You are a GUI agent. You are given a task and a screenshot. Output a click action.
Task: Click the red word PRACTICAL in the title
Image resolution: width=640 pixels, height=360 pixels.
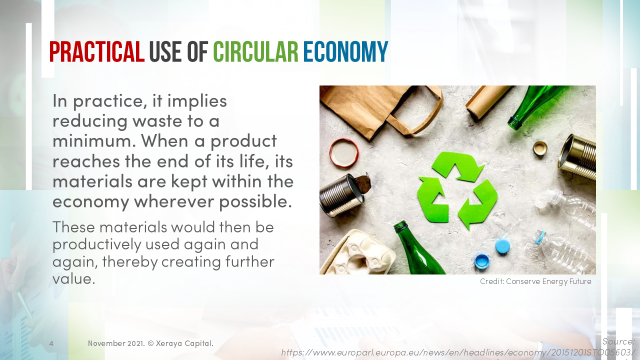(97, 52)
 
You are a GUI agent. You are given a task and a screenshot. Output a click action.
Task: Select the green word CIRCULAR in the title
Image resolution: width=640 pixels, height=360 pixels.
(255, 52)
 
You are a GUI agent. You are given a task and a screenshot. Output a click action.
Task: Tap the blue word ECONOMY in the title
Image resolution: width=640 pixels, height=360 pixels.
(345, 52)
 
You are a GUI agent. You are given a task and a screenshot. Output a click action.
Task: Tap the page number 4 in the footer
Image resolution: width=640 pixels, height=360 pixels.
(51, 343)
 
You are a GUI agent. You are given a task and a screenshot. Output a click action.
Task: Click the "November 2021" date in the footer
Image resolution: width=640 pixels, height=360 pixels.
(116, 343)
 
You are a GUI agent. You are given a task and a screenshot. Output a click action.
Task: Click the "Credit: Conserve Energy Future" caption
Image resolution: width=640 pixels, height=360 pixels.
(535, 281)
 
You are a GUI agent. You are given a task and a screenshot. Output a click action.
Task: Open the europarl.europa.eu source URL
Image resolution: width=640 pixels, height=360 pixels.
(457, 352)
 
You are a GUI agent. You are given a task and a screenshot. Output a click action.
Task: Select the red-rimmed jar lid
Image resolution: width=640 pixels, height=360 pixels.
(344, 152)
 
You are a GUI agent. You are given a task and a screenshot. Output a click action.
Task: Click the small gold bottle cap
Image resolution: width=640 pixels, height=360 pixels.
(540, 148)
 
